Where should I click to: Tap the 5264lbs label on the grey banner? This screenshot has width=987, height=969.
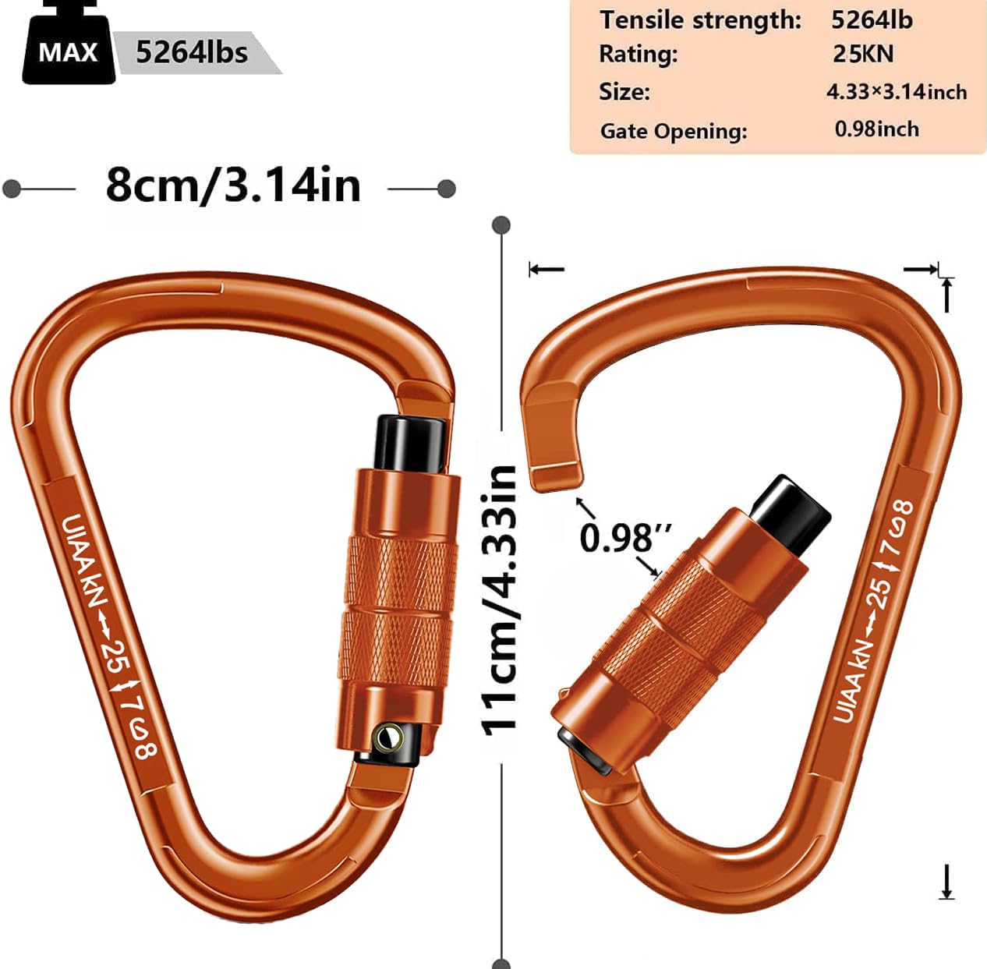[192, 52]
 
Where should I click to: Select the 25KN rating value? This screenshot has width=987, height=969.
[863, 54]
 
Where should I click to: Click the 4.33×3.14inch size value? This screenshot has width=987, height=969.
[896, 92]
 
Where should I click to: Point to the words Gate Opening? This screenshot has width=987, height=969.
[673, 131]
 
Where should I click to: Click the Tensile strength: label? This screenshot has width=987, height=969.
[699, 19]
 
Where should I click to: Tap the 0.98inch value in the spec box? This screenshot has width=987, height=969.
[876, 129]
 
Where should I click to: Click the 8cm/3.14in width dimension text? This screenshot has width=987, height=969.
[233, 186]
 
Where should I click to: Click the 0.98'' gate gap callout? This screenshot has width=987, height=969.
[624, 537]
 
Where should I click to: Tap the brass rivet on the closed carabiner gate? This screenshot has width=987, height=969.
[387, 736]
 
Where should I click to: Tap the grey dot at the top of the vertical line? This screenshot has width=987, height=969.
[501, 225]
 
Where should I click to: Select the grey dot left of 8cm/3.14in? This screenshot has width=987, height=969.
[12, 189]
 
